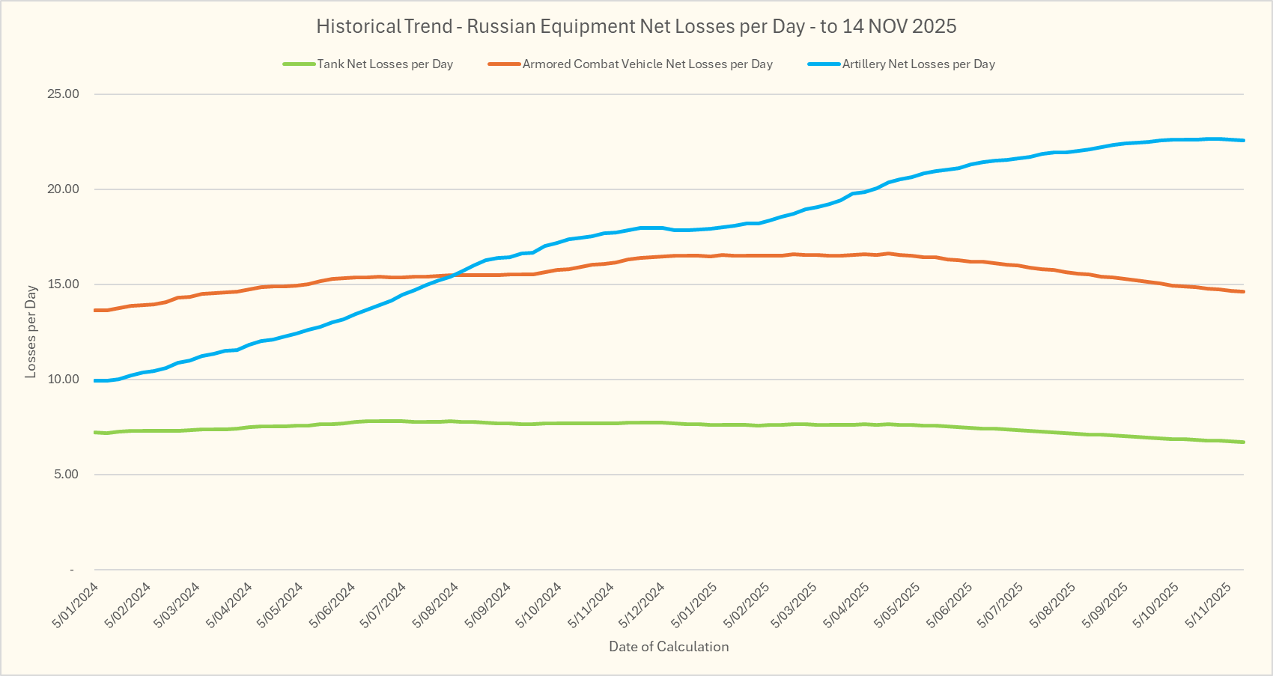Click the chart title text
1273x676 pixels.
coord(636,27)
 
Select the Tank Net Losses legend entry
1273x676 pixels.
coord(385,64)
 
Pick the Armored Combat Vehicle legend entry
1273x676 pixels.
coord(647,64)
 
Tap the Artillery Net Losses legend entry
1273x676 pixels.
coord(918,64)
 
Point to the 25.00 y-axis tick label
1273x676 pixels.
coord(64,94)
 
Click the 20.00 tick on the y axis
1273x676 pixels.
coord(64,189)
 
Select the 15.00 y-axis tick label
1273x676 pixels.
coord(64,284)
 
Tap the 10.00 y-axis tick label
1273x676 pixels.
coord(64,380)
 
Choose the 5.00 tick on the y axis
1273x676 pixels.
coord(66,475)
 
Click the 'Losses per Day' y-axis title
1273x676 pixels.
coord(31,332)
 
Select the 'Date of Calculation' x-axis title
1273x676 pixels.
coord(669,647)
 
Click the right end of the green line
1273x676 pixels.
coord(1244,442)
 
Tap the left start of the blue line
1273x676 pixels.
coord(95,381)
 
